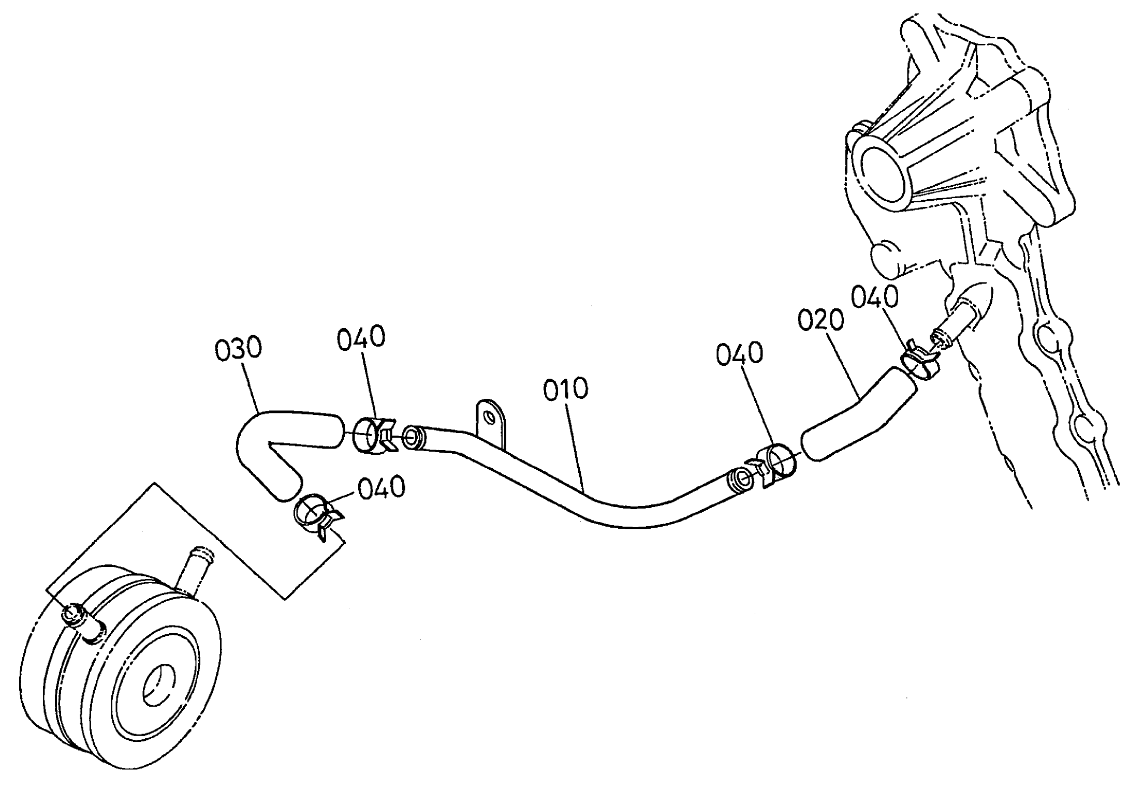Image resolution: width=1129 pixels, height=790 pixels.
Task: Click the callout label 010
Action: pyautogui.click(x=566, y=389)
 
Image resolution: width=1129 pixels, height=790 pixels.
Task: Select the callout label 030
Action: pyautogui.click(x=239, y=349)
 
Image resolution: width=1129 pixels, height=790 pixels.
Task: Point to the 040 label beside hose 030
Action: pyautogui.click(x=361, y=337)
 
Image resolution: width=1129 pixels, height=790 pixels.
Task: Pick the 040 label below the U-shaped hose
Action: pyautogui.click(x=382, y=487)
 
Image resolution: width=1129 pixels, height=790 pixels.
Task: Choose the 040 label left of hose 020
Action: pyautogui.click(x=740, y=354)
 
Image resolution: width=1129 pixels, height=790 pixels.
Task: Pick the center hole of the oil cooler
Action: pyautogui.click(x=158, y=686)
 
